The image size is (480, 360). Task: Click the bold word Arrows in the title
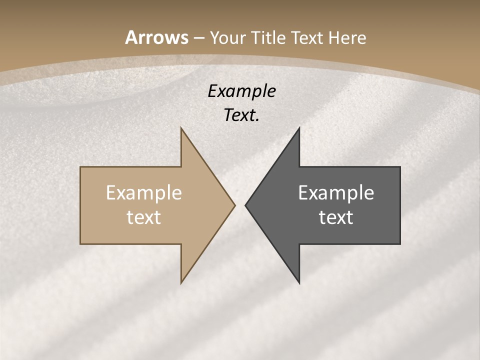156,37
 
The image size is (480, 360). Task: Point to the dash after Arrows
198,38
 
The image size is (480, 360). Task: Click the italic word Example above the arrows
241,91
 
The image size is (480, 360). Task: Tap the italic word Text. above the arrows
241,115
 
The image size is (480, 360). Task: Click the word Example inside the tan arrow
144,192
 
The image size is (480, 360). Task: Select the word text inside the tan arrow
144,217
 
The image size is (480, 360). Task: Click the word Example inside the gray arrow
336,192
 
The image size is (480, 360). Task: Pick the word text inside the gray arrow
336,217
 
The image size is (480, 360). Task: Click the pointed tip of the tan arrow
234,205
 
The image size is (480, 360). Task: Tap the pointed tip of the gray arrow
245,205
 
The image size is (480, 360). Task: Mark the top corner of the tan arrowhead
181,128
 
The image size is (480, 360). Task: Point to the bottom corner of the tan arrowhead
181,282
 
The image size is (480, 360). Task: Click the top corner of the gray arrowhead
299,128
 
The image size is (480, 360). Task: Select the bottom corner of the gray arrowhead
299,282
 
